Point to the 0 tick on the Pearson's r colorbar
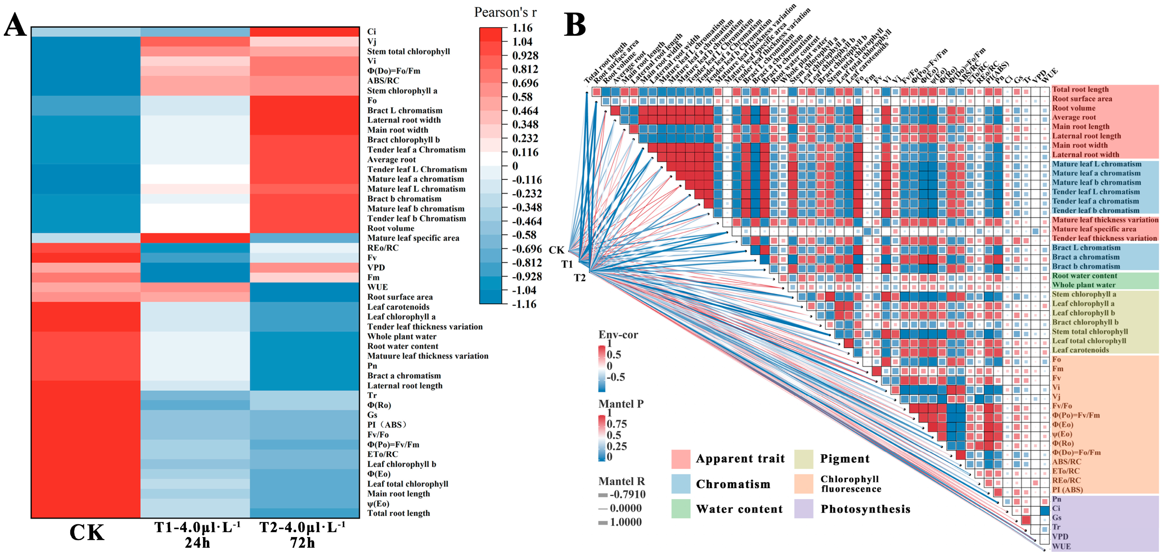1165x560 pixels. [x=515, y=166]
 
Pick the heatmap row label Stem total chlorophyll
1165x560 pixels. [x=408, y=51]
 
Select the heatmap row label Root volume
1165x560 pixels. [x=390, y=228]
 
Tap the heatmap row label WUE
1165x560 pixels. [x=377, y=287]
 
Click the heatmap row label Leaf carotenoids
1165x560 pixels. [x=398, y=307]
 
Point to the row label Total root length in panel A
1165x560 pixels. [x=398, y=513]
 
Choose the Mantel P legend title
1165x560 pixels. [x=621, y=404]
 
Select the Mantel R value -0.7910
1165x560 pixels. [x=627, y=494]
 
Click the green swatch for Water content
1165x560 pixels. [x=681, y=509]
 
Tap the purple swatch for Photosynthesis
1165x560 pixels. [x=803, y=509]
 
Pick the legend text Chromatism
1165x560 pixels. [x=733, y=484]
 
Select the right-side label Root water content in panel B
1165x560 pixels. [x=1084, y=276]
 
